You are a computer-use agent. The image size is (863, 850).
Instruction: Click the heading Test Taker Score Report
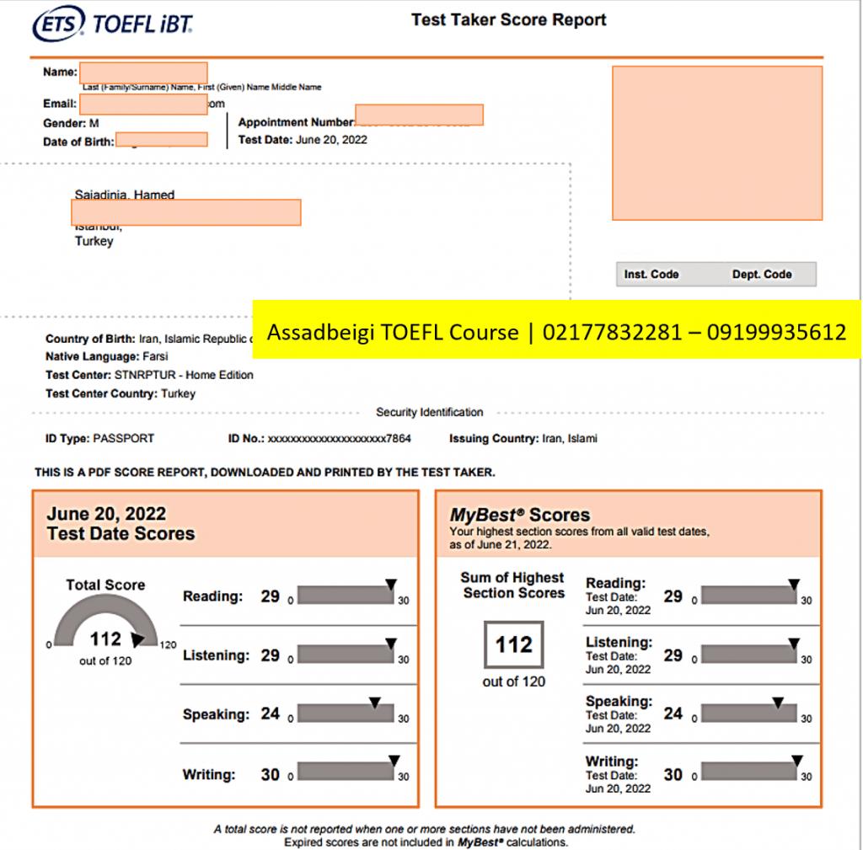click(x=508, y=20)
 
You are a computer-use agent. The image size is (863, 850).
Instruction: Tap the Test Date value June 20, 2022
click(x=331, y=140)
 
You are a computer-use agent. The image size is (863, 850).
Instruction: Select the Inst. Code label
click(x=651, y=275)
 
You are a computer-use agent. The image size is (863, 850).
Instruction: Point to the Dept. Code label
click(x=762, y=275)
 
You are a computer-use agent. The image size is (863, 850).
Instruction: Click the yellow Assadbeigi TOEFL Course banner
click(x=556, y=332)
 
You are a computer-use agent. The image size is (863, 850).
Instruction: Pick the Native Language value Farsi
click(x=155, y=356)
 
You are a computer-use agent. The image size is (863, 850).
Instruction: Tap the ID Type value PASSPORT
click(x=124, y=439)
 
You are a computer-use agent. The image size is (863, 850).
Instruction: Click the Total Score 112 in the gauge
click(x=105, y=639)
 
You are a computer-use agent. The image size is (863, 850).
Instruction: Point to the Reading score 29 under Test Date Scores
click(x=270, y=596)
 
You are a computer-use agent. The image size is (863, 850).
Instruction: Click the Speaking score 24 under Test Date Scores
click(x=270, y=714)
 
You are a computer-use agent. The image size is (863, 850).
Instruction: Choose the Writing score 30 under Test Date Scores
click(x=270, y=774)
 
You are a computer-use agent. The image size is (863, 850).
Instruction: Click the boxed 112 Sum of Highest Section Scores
click(x=513, y=645)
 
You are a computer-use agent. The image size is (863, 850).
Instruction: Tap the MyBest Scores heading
click(x=520, y=515)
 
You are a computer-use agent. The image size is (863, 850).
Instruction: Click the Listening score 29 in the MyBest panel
click(x=673, y=655)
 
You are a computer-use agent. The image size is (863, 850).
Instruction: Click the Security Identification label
click(x=429, y=413)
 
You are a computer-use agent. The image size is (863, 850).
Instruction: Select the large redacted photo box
click(x=717, y=143)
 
